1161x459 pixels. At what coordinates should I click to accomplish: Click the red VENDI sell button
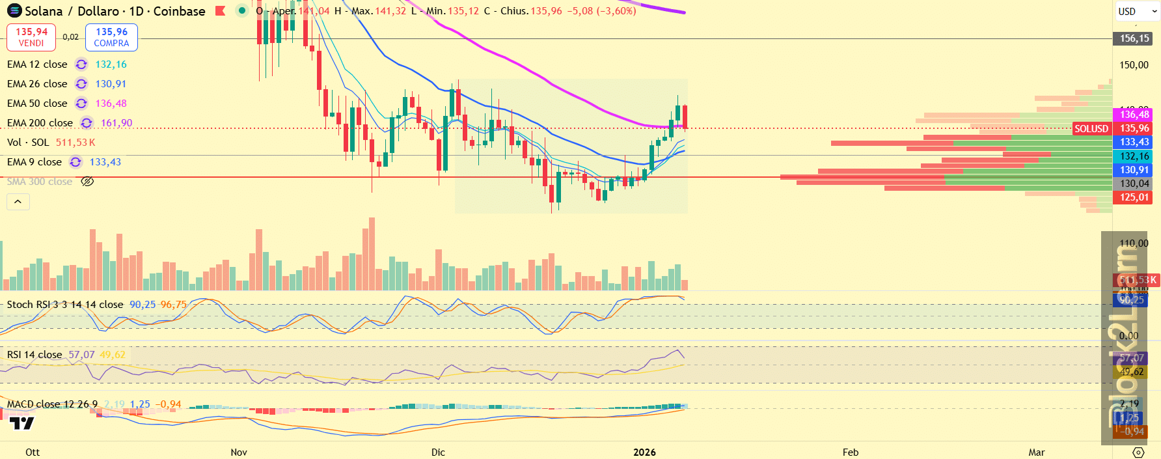point(31,37)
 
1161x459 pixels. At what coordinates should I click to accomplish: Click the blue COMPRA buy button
point(111,37)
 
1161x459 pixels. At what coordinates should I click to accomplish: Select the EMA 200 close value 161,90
point(116,123)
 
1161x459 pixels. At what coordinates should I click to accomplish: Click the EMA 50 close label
point(37,104)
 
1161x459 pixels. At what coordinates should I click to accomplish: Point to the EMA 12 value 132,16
point(111,64)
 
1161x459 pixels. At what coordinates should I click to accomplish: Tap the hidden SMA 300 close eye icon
point(87,182)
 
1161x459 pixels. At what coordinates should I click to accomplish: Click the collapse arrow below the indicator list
point(18,202)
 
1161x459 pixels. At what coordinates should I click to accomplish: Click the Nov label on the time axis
point(239,452)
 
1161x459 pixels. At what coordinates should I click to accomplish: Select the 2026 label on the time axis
point(644,452)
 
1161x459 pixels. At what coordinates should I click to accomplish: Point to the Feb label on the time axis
point(850,452)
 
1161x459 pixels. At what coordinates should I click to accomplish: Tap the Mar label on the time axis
point(1036,452)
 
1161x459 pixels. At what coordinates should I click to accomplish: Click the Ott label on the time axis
point(33,452)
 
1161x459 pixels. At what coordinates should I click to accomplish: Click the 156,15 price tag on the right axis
point(1134,38)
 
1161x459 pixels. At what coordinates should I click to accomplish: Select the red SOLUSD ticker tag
point(1091,128)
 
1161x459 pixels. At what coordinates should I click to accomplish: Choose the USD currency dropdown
point(1136,12)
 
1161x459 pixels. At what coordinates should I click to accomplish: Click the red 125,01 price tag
point(1134,197)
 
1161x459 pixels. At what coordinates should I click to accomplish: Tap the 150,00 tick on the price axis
point(1134,65)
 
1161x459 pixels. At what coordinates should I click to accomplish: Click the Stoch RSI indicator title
point(64,305)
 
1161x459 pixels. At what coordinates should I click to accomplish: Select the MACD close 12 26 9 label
point(52,404)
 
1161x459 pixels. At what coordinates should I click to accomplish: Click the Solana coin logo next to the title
point(14,11)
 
